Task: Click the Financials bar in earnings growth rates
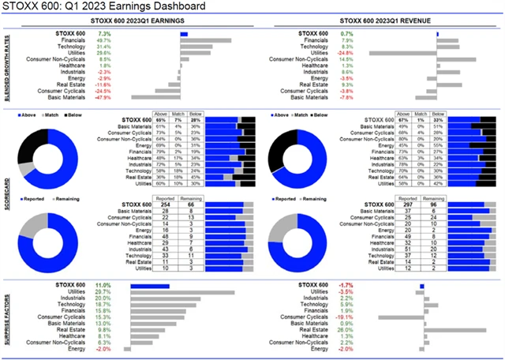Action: coord(206,40)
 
